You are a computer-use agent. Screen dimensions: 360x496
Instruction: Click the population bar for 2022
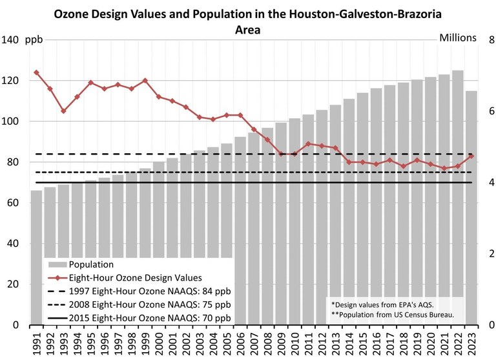[x=458, y=194]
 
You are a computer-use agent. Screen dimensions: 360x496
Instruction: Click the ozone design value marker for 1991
[x=36, y=72]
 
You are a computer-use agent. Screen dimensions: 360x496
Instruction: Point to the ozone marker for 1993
[x=63, y=111]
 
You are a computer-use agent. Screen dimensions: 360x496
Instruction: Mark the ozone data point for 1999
[x=145, y=81]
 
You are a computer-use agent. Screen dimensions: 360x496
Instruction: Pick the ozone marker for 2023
[x=471, y=156]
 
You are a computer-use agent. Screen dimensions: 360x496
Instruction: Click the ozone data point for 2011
[x=309, y=143]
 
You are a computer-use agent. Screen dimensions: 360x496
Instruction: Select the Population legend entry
[x=91, y=264]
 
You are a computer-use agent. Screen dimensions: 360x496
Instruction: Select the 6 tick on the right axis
[x=491, y=111]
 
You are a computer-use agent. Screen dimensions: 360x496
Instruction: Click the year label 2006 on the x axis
[x=240, y=343]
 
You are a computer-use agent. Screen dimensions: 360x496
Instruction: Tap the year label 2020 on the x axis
[x=431, y=343]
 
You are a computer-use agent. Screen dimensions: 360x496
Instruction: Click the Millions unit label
[x=458, y=37]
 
